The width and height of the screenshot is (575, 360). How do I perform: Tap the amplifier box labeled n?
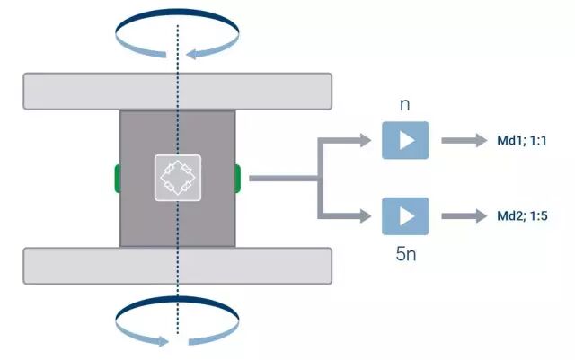[405, 140]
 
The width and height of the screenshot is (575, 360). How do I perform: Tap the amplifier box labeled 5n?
[405, 216]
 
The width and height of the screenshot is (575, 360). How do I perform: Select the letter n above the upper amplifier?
[405, 104]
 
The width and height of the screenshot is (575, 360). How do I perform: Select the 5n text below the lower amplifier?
[405, 254]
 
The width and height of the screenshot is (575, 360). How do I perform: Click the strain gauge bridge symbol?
[178, 178]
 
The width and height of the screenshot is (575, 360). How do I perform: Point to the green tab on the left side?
[117, 178]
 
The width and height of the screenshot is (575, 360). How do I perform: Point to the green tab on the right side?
[238, 178]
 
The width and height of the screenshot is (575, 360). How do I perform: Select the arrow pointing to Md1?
[462, 141]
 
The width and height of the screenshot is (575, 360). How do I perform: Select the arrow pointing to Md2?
[462, 216]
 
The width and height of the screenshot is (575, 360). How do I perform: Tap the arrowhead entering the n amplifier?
[364, 140]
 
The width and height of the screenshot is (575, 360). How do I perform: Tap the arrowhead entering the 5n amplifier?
[364, 216]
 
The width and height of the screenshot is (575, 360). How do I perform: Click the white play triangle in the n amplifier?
[407, 140]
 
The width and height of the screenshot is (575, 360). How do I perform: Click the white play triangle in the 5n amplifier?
[407, 216]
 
